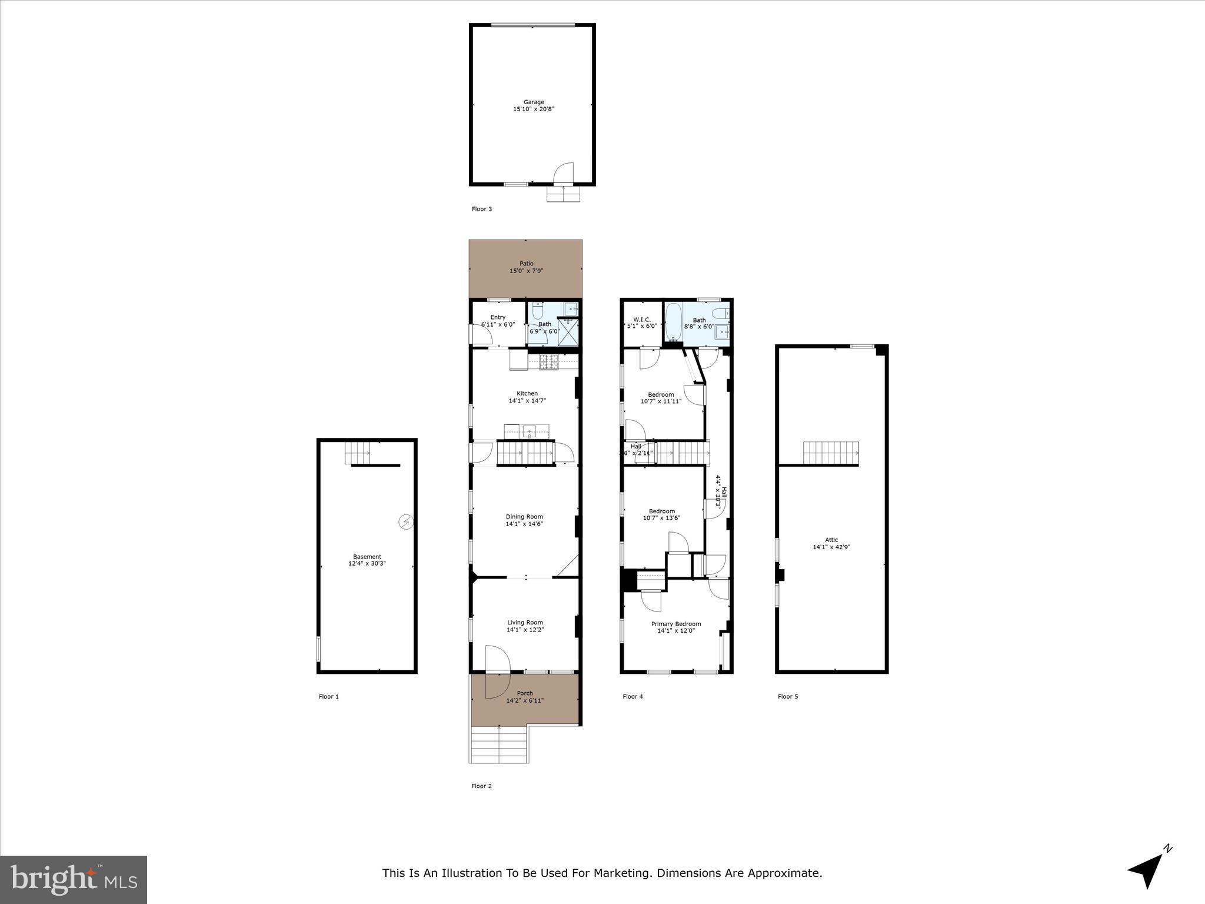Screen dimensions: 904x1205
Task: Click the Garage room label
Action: point(534,102)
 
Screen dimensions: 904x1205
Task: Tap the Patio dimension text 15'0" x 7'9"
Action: point(526,271)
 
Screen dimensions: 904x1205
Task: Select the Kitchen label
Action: point(527,394)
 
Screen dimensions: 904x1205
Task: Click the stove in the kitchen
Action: point(548,363)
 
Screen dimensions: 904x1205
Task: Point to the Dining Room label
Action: point(524,517)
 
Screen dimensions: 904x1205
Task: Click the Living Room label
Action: point(525,622)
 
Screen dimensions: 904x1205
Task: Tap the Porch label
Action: point(525,693)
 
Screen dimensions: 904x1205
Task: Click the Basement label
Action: point(367,557)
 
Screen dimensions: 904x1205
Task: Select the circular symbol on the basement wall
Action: point(406,521)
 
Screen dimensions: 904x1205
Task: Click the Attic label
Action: point(831,540)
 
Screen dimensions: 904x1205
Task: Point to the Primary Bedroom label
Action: point(676,624)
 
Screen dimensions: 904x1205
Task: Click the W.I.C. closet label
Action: point(641,319)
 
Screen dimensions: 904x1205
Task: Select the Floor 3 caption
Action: point(482,209)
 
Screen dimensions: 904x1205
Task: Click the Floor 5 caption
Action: point(788,696)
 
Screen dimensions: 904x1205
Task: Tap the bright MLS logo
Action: point(74,879)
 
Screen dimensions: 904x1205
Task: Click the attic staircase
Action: point(830,453)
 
